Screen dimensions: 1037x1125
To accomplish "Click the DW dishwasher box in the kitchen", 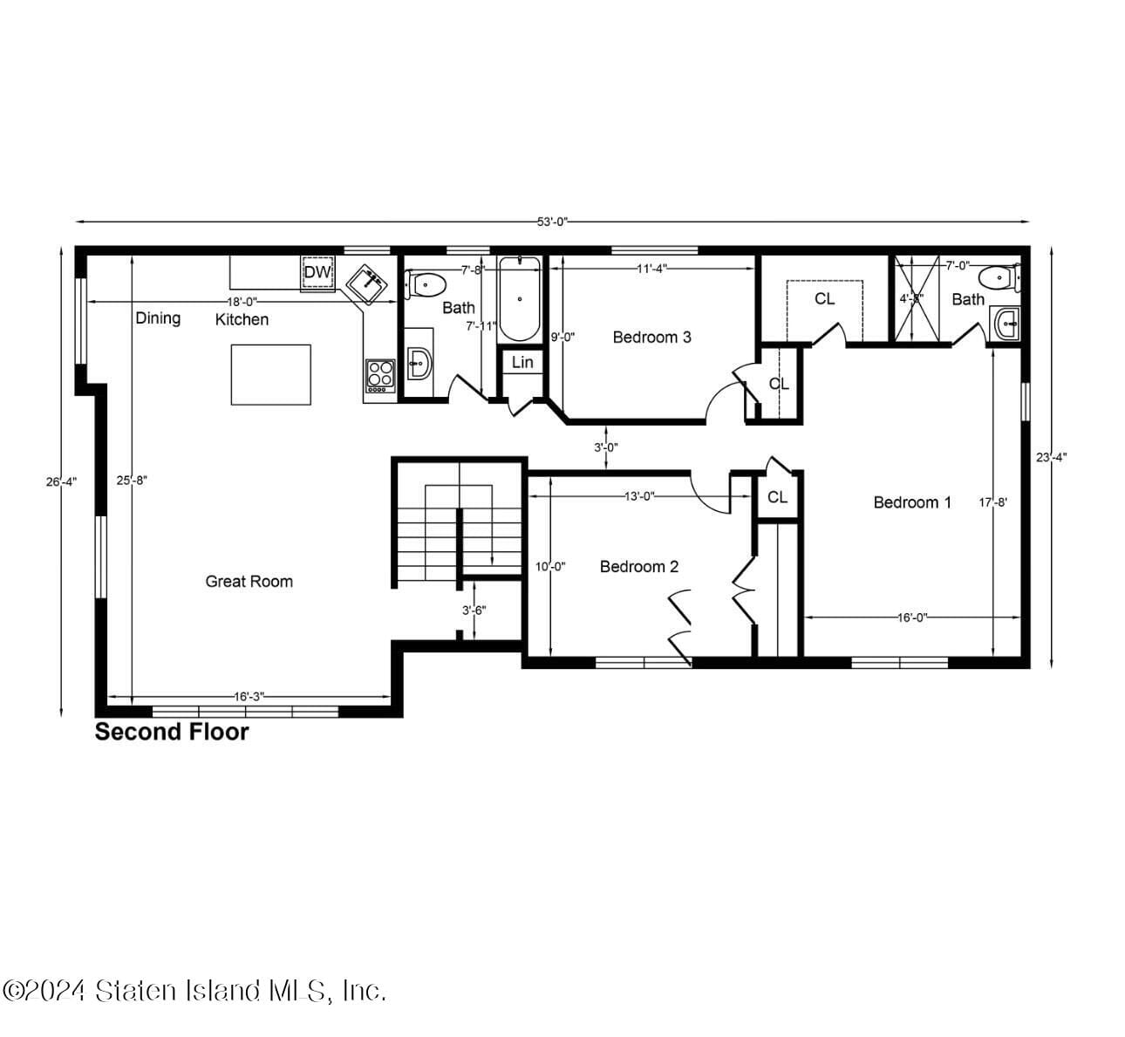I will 317,272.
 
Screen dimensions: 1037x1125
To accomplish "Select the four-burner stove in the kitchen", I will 380,375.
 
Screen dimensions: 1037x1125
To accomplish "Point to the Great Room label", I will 249,581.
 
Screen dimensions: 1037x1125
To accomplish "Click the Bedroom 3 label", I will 651,337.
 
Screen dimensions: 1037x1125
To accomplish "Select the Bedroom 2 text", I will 638,567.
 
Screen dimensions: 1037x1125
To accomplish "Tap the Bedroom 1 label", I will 912,502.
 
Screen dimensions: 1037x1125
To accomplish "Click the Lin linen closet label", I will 522,362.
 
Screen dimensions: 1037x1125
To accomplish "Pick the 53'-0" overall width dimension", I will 552,222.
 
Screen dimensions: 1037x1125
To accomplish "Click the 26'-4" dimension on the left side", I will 61,481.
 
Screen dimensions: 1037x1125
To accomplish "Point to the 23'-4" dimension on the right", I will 1051,456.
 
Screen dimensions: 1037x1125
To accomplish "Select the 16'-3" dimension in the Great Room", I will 249,696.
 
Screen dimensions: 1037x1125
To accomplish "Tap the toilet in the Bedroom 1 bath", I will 999,278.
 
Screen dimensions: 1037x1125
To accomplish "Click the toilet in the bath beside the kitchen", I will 426,284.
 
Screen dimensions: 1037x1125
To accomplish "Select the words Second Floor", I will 172,732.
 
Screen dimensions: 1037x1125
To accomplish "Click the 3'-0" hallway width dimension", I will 606,447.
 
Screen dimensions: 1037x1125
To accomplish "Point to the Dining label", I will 158,318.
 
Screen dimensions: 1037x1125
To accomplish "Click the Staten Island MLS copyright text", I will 194,991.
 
